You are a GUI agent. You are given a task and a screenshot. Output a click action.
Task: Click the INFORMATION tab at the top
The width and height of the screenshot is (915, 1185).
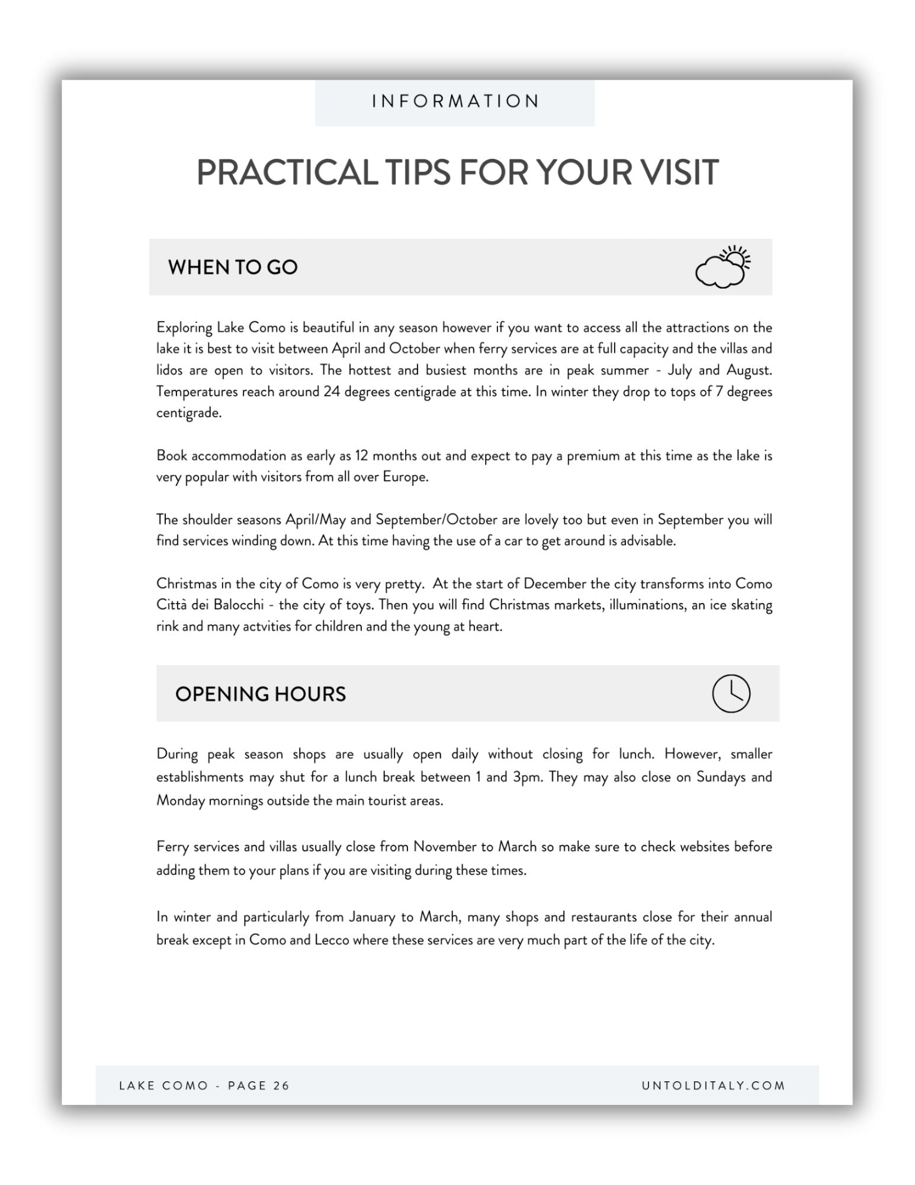[x=455, y=101]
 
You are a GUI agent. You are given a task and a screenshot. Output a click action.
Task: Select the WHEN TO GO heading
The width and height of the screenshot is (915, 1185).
[x=233, y=267]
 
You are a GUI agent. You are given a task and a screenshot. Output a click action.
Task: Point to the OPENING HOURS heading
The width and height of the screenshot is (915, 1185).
[x=261, y=694]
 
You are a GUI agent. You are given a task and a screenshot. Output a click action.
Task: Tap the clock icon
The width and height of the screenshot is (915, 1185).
[x=731, y=693]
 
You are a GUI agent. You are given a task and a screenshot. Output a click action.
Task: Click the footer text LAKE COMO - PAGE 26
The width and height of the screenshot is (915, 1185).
[x=204, y=1085]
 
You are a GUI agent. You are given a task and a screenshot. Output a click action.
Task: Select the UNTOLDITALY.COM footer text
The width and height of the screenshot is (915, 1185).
[x=714, y=1085]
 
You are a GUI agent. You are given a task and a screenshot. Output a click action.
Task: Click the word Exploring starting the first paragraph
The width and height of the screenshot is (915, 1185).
[x=184, y=328]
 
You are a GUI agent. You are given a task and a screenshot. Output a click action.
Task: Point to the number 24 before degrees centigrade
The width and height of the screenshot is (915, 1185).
[x=330, y=392]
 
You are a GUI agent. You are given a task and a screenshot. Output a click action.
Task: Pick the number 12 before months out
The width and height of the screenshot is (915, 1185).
[x=361, y=456]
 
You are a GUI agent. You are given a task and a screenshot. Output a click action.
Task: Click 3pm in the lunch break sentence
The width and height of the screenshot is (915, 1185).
[x=527, y=777]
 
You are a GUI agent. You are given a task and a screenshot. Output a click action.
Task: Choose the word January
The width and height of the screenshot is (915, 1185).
[x=371, y=917]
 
